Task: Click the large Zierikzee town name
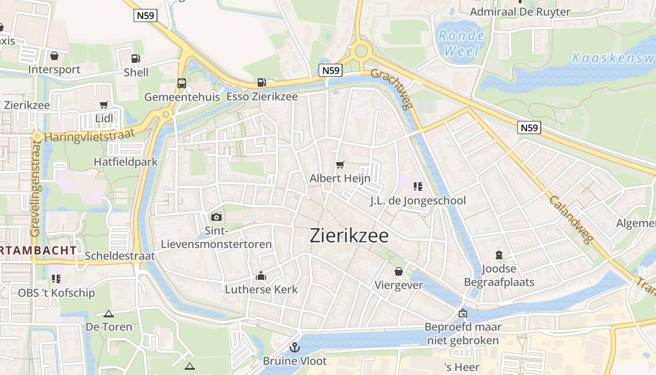coord(349,236)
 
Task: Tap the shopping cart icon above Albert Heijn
coord(340,165)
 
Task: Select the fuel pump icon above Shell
coord(135,59)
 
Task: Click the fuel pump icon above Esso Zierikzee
coord(261,82)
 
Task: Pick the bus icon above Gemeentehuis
coord(182,83)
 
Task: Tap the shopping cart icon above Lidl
coord(104,105)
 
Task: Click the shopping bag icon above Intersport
coord(54,56)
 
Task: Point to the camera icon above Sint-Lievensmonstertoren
coord(216,217)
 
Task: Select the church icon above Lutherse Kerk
coord(261,276)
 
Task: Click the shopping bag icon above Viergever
coord(399,271)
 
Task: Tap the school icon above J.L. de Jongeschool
coord(418,187)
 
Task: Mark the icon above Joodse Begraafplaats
coord(499,255)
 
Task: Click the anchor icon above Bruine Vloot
coord(295,347)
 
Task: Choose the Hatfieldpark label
coord(126,162)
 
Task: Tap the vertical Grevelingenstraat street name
coord(36,187)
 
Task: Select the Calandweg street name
coord(572,219)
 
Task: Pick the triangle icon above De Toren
coord(109,314)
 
